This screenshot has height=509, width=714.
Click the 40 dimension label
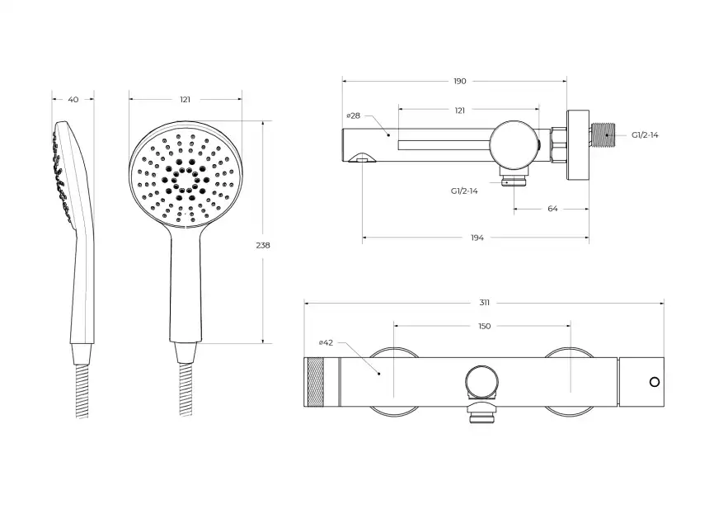[73, 99]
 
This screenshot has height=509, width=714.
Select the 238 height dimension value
[263, 245]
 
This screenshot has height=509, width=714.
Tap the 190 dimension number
[460, 81]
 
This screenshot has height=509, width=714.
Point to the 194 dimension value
[477, 238]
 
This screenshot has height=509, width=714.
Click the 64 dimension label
[552, 209]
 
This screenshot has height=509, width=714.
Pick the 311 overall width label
[484, 303]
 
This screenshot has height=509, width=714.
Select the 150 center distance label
[485, 326]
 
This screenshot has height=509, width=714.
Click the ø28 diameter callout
[354, 115]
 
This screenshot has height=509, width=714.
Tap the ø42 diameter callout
[326, 342]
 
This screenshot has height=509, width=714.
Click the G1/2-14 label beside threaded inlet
[645, 135]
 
